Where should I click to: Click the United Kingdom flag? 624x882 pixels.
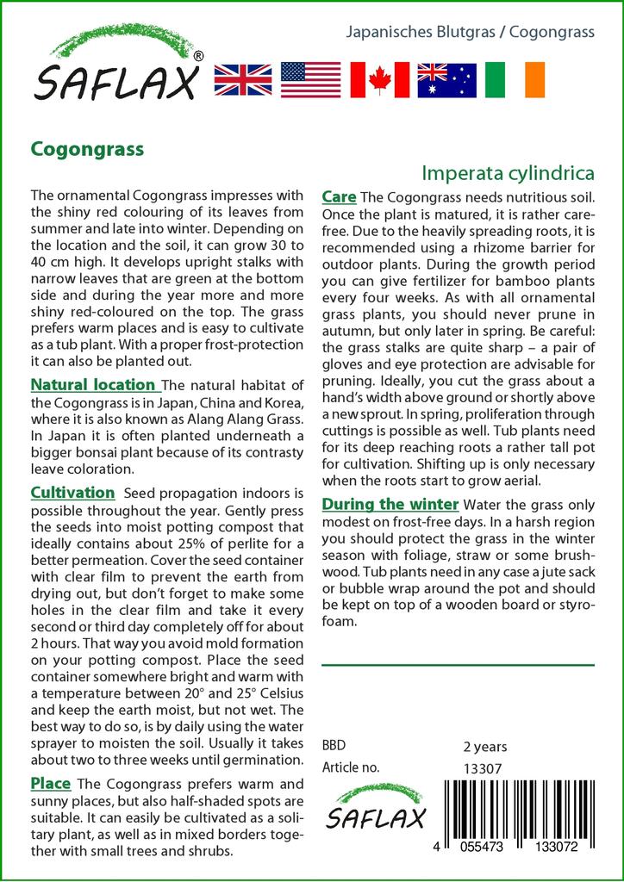tap(242, 78)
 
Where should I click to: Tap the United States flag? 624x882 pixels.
tap(310, 78)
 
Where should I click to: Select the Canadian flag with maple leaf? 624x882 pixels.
tap(378, 78)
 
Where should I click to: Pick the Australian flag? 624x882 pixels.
tap(446, 78)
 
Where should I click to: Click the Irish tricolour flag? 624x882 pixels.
tap(515, 78)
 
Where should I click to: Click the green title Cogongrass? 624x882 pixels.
tap(87, 148)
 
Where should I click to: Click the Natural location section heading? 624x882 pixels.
tap(93, 384)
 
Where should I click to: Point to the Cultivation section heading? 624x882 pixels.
tap(72, 493)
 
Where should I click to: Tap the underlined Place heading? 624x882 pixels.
tap(50, 784)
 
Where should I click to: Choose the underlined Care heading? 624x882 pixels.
tap(339, 196)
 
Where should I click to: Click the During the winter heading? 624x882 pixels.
tap(390, 504)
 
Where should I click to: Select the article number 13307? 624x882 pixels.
tap(482, 767)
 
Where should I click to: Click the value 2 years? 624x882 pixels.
tap(485, 746)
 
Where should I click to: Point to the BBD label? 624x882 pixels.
tap(334, 746)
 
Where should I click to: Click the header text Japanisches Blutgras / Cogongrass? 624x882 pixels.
tap(470, 33)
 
